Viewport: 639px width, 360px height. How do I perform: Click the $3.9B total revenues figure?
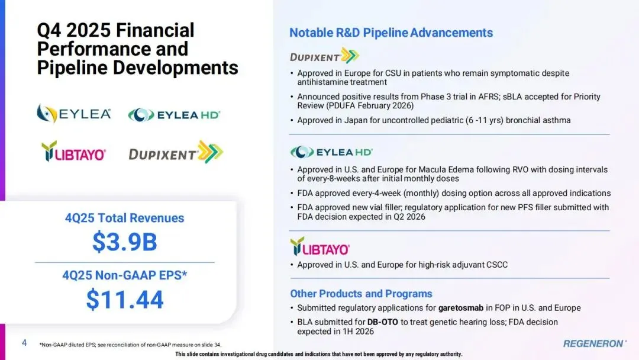125,242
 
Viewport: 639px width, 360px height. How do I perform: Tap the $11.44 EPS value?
125,299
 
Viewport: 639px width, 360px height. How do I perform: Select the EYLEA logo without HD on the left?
74,113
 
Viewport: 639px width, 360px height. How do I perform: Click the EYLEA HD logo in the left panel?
174,115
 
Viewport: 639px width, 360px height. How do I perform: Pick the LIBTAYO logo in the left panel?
74,152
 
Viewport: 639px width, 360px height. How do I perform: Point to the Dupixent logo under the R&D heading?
324,56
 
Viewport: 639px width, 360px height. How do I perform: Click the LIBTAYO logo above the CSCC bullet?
320,247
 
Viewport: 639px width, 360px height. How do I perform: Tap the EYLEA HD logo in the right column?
331,152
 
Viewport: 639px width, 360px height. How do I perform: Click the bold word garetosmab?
460,308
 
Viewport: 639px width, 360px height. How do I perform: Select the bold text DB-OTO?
382,322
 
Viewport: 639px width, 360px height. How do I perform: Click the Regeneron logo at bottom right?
595,343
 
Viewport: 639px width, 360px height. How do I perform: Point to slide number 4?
24,343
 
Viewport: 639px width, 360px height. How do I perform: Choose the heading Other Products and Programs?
361,294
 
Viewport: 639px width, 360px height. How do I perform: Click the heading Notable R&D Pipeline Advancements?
391,33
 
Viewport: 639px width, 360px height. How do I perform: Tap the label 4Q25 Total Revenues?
125,218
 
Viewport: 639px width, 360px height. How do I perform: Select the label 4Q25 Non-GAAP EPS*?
125,275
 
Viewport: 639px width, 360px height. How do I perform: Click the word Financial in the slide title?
155,30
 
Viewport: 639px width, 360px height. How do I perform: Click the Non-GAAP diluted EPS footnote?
130,345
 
